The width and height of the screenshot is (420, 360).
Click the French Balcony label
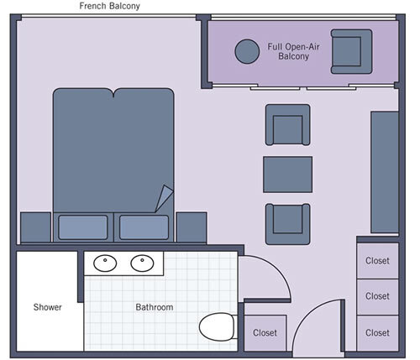pos(109,7)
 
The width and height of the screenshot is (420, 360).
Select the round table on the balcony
pos(247,52)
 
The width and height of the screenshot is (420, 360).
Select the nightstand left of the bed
pos(35,227)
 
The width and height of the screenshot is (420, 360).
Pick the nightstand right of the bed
pos(192,227)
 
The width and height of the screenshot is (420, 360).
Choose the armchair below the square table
pos(288,222)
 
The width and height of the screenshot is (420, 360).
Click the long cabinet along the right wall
pos(385,171)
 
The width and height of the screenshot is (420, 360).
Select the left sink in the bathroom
pos(105,264)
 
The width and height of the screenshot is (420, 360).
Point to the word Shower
pos(48,308)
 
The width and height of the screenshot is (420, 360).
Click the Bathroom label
pos(155,308)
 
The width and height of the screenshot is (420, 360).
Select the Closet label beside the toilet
pos(265,333)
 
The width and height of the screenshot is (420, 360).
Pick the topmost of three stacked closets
pos(377,261)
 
